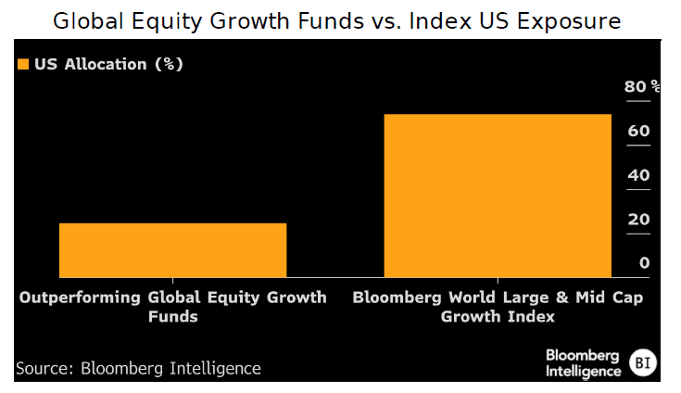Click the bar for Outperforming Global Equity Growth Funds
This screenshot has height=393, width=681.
pos(172,249)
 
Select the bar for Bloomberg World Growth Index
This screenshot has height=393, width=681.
pos(498,196)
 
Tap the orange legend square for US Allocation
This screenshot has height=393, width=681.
pos(23,65)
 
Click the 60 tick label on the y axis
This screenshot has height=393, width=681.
pos(638,132)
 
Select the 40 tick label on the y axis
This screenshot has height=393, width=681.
pos(638,175)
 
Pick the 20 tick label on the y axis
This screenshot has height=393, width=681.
pos(638,220)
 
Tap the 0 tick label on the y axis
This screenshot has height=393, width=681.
pos(644,263)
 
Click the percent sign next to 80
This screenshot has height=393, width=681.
pos(656,86)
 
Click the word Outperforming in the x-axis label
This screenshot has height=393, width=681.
pos(80,298)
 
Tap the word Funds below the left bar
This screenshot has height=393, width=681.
pos(172,317)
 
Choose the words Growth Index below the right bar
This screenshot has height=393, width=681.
pos(498,317)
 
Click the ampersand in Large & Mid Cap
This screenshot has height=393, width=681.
pos(551,298)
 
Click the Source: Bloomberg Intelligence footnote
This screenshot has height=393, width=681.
pos(138,368)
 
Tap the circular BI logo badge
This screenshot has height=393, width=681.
pos(643,362)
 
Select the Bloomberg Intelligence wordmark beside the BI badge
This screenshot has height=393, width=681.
pos(583,362)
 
